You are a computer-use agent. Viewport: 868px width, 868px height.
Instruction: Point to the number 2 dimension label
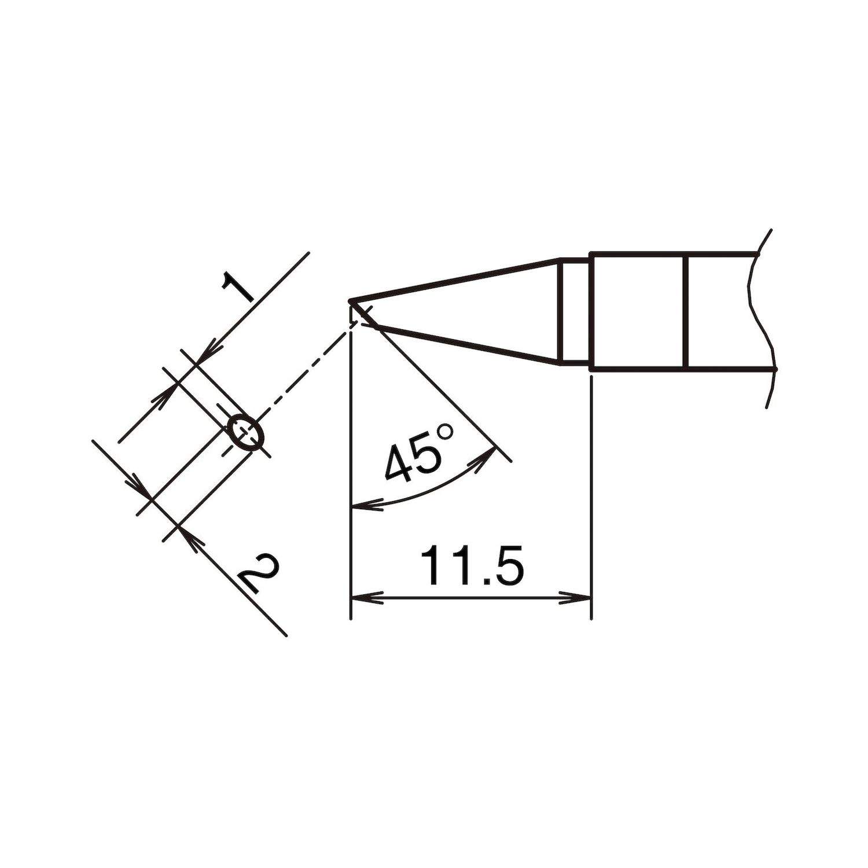[257, 573]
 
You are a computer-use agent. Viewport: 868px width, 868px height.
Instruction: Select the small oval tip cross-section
[246, 432]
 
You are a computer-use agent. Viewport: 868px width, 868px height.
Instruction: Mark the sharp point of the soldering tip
[351, 301]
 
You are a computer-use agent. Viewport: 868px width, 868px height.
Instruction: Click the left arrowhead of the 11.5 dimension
[365, 598]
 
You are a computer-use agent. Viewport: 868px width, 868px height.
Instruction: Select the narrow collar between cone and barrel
[575, 312]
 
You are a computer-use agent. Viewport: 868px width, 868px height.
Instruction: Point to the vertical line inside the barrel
[685, 311]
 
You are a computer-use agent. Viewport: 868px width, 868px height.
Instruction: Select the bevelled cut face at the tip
[363, 315]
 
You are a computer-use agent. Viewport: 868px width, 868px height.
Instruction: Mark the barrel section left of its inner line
[637, 311]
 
